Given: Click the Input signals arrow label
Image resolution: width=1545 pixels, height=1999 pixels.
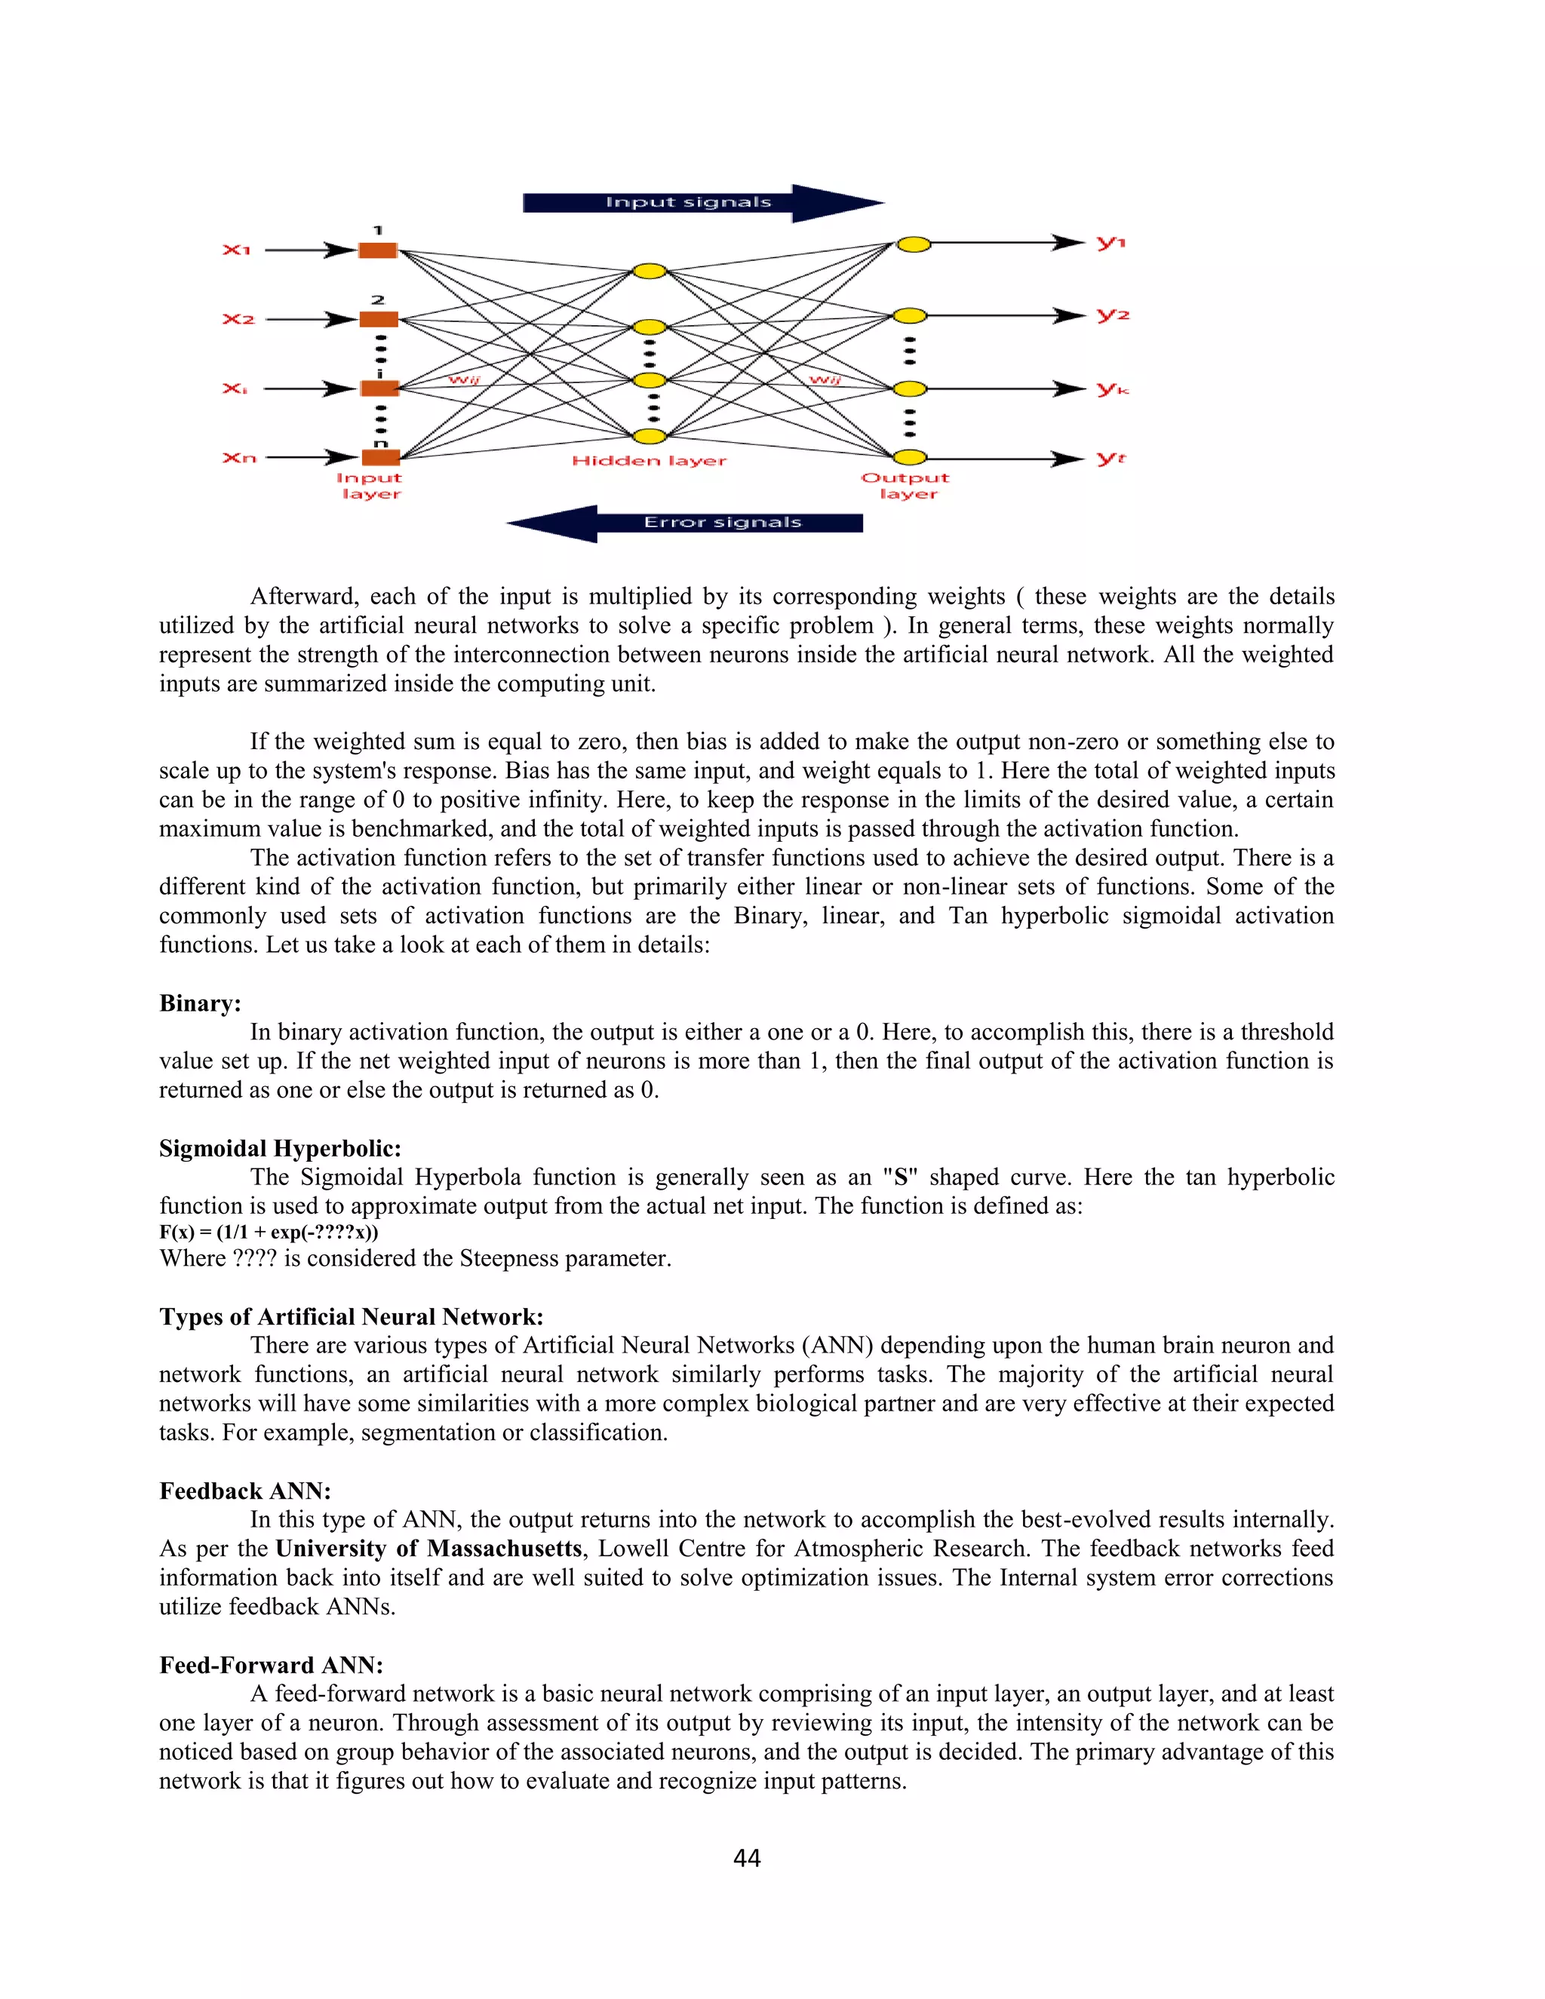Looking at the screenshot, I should click(x=688, y=202).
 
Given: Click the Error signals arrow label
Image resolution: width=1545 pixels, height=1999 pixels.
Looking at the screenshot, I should click(x=722, y=523).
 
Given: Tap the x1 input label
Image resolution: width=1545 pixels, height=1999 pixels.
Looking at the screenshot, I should click(x=236, y=249).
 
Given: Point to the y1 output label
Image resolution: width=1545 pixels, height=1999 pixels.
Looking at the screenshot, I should click(x=1111, y=243).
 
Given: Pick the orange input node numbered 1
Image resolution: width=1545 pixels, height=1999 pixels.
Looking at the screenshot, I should click(x=378, y=250).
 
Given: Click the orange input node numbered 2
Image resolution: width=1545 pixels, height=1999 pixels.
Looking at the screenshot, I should click(x=378, y=319).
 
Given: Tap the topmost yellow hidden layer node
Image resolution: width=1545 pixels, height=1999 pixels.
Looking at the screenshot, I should click(x=649, y=271).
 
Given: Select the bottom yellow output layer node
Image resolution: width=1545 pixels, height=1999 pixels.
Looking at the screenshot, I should click(x=911, y=458).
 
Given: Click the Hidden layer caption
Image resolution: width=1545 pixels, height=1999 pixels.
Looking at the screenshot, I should click(x=649, y=460).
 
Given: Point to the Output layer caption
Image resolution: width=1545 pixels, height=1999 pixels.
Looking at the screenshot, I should click(x=905, y=485).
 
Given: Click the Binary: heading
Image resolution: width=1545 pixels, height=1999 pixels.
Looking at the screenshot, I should click(x=201, y=1003).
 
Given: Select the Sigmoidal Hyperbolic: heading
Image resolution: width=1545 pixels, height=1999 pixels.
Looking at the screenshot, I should click(x=280, y=1149).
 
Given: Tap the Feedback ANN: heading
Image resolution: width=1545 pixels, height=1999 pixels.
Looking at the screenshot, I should click(x=244, y=1491).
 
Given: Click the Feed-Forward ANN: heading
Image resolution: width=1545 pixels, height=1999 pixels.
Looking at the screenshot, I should click(x=271, y=1665).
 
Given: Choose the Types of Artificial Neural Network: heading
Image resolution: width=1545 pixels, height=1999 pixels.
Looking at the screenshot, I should click(x=352, y=1316).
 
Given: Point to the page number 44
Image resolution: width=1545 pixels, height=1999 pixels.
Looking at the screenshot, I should click(x=747, y=1858).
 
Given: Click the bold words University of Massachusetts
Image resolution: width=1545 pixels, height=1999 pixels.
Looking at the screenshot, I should click(x=428, y=1549).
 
